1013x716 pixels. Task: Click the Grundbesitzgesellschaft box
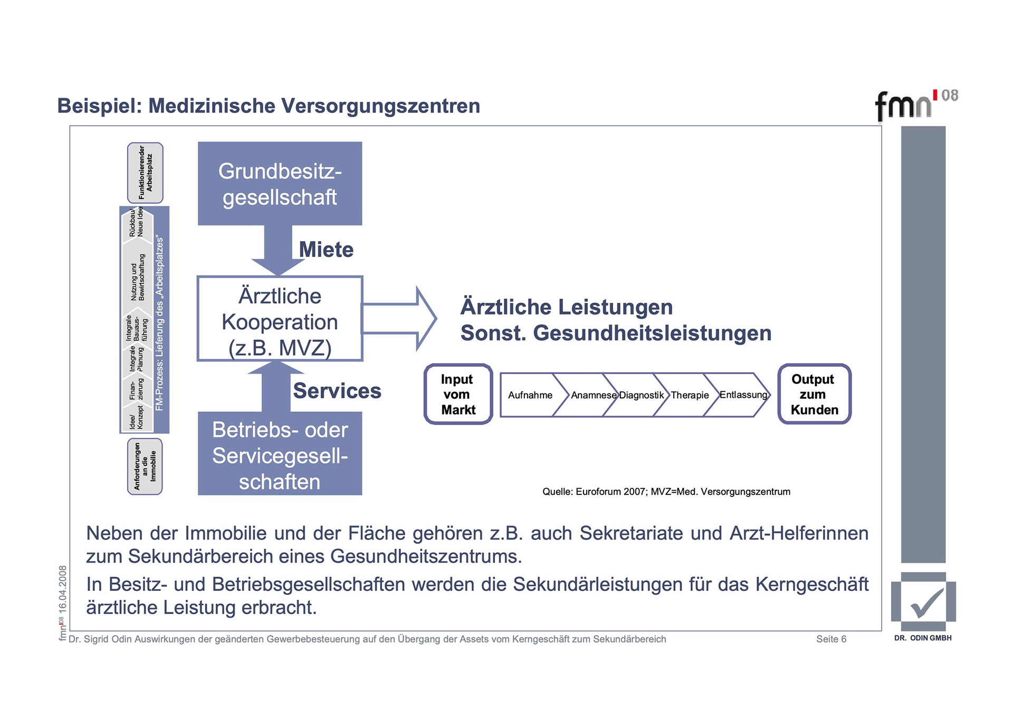280,183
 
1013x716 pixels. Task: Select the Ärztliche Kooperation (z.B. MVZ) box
280,319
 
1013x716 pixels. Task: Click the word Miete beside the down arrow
326,250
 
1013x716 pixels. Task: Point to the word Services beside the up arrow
337,391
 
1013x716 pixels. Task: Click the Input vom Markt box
458,394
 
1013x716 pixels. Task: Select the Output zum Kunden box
814,394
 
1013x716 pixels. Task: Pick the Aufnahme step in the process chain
530,395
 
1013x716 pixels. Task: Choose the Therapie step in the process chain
690,395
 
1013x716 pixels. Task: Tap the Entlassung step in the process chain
743,395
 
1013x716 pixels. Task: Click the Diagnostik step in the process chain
641,395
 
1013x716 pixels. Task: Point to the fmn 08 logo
915,104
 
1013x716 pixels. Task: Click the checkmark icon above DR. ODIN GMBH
924,602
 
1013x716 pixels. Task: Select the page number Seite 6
831,639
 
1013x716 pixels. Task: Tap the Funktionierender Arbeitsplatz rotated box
145,173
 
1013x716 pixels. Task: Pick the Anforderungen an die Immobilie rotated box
145,466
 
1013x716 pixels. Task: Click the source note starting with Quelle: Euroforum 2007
666,492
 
